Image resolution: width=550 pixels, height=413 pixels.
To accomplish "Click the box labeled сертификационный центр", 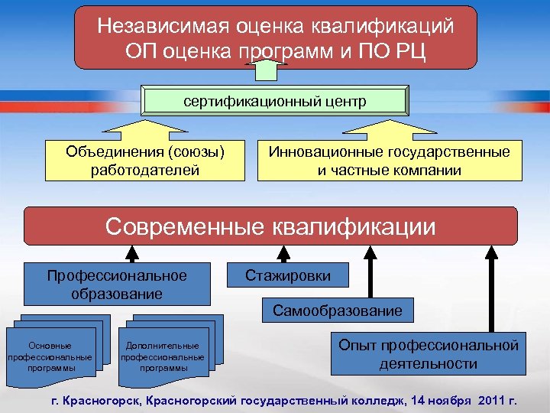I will (x=275, y=102).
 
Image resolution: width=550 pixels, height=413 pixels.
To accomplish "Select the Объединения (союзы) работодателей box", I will (x=146, y=160).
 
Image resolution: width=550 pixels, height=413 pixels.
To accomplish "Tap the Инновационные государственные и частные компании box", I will (x=389, y=160).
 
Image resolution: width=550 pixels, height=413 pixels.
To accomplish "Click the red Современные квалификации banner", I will (x=271, y=226).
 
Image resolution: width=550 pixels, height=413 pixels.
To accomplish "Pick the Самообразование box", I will (x=331, y=311).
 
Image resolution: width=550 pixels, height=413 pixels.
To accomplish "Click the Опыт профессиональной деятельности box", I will (x=428, y=354).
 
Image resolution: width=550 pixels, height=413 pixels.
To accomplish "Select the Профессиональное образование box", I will (x=117, y=284).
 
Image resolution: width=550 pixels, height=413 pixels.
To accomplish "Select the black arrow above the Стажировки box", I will (x=284, y=254).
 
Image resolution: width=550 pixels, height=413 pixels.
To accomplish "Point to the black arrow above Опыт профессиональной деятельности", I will (x=487, y=287).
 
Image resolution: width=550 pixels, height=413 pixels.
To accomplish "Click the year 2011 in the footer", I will (x=494, y=400).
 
